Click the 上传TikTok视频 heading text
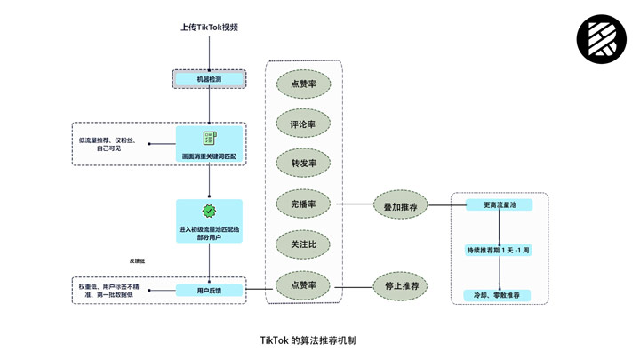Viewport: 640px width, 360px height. point(209,28)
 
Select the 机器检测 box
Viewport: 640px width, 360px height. point(209,79)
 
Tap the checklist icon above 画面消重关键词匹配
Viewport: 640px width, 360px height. point(209,140)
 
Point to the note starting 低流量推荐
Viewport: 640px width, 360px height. point(107,144)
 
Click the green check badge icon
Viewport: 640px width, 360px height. point(209,212)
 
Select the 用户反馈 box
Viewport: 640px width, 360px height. point(209,290)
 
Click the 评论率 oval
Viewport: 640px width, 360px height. point(303,124)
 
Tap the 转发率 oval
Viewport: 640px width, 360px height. point(303,164)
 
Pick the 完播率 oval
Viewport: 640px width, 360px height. point(303,204)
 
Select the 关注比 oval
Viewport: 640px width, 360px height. point(303,244)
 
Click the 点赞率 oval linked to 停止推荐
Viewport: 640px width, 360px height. point(303,285)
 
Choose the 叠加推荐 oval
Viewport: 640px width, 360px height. point(401,205)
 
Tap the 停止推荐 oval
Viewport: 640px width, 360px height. point(401,286)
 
